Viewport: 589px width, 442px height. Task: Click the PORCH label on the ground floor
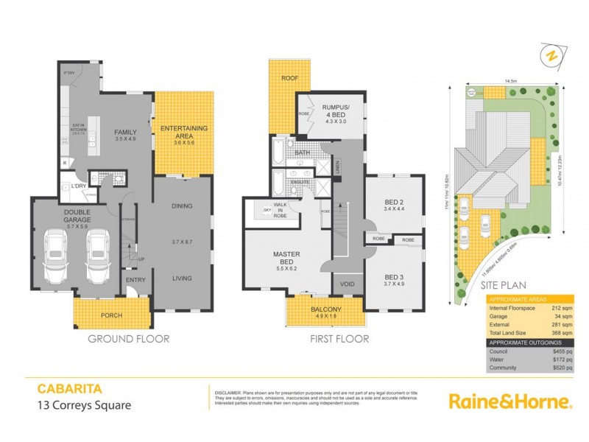107,315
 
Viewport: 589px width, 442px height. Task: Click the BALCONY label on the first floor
324,310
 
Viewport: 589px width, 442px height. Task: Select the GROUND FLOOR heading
129,340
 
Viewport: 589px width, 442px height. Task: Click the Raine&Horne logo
511,401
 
